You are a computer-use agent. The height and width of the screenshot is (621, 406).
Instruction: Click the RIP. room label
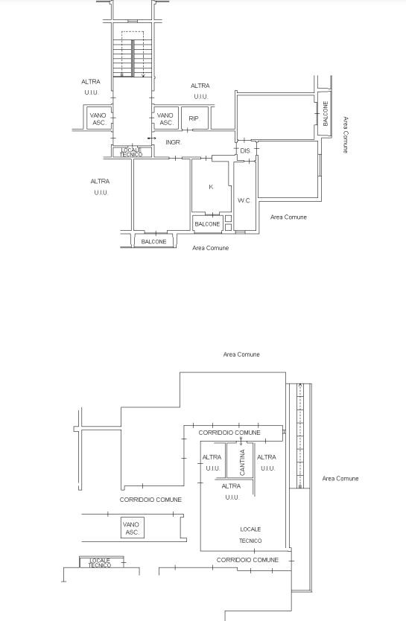(x=194, y=118)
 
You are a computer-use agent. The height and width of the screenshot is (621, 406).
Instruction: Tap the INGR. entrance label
(x=174, y=142)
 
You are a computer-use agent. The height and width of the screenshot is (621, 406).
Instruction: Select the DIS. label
(x=246, y=151)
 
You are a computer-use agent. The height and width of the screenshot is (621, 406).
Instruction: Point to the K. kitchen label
(x=211, y=187)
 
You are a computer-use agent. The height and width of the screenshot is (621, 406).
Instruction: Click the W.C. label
(x=244, y=200)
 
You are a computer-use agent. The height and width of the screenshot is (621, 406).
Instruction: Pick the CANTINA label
(x=242, y=462)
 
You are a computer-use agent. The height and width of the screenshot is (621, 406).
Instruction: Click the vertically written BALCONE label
(x=326, y=113)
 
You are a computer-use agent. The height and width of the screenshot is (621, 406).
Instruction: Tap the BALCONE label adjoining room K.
(x=207, y=224)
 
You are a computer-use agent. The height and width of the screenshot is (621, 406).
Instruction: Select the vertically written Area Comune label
(x=346, y=135)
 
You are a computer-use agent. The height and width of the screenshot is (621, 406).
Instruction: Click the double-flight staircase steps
(x=133, y=58)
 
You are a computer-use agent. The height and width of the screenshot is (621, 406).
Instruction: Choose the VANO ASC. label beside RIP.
(x=165, y=119)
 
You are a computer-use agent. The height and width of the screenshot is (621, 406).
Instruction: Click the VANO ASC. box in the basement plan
(x=133, y=527)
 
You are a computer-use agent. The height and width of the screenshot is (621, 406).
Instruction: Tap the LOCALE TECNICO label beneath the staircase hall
(x=131, y=152)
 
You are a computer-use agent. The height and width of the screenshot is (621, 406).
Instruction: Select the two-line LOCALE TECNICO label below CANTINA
(x=250, y=535)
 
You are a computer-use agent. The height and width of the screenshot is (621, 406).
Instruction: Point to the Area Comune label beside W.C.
(x=288, y=217)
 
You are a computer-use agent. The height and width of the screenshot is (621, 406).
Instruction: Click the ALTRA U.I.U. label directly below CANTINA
(x=232, y=491)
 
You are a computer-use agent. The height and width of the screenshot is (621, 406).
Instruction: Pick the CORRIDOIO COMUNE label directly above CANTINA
(x=229, y=433)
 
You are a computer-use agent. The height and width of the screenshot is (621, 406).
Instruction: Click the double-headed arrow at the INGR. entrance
(x=152, y=138)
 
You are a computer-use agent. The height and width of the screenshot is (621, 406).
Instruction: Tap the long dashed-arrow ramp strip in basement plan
(x=300, y=436)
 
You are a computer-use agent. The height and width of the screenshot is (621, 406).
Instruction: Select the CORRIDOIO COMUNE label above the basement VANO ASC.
(x=150, y=500)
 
